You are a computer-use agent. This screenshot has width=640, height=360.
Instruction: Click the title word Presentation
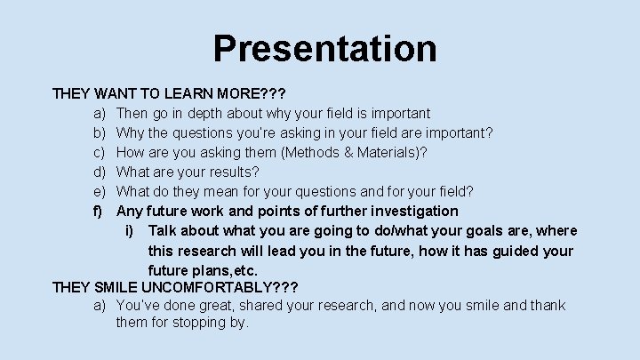324,48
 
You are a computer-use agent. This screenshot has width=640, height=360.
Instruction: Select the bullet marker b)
100,132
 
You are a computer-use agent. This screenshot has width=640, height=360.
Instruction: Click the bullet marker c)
100,152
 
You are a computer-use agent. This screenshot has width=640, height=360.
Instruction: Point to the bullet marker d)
100,172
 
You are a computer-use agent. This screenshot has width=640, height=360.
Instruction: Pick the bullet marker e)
100,191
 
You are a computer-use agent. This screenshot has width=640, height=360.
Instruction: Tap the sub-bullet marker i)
130,230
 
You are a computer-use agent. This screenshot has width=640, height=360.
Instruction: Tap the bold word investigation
412,211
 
